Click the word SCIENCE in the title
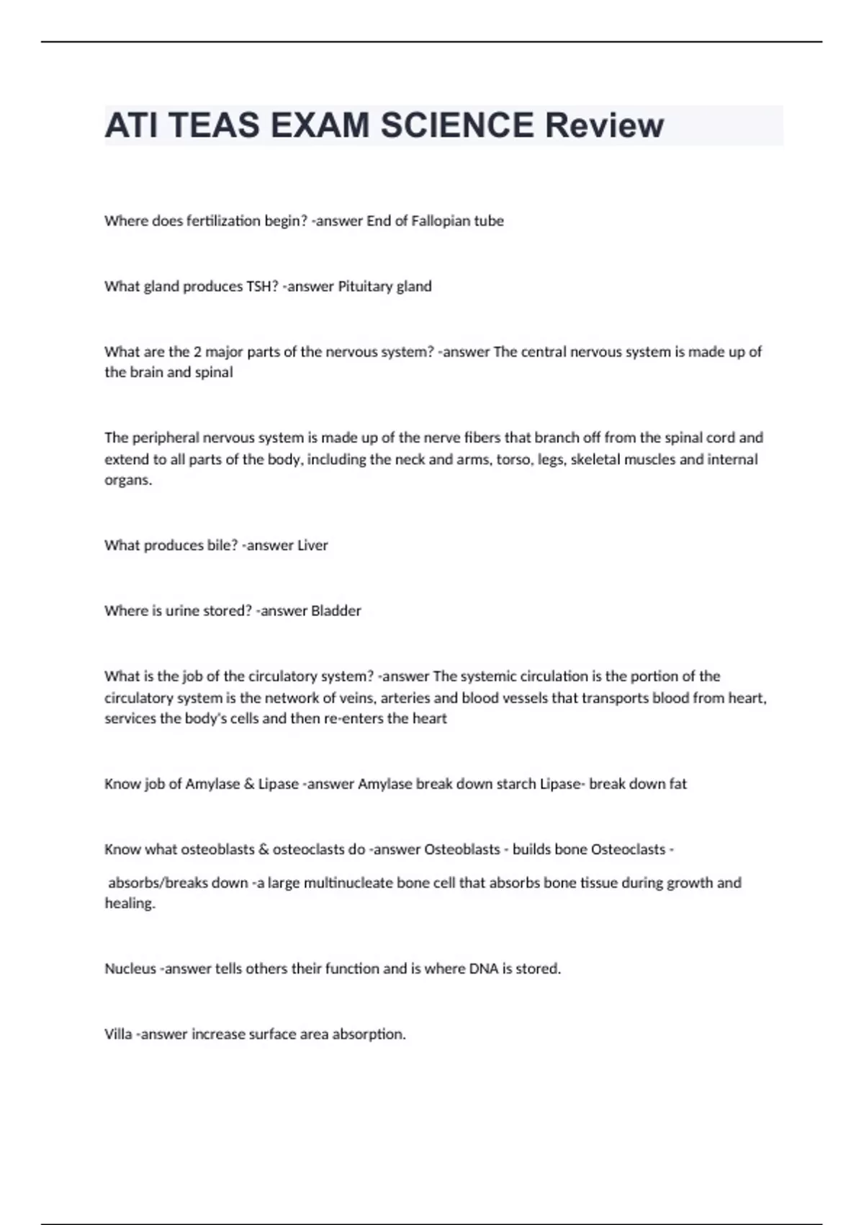456,125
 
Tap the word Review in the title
603,125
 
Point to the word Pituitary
365,287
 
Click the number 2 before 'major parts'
197,352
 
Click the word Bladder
336,611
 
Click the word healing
130,904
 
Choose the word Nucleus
130,969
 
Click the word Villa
118,1035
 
